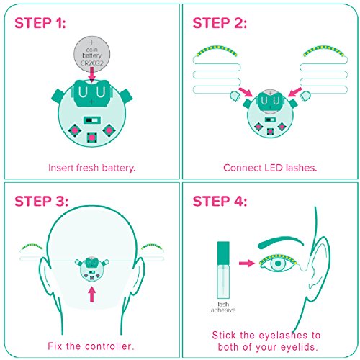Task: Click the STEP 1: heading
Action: [x=40, y=23]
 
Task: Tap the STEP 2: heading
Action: [x=220, y=23]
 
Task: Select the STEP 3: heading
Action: [x=42, y=201]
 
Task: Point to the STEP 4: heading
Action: [x=220, y=201]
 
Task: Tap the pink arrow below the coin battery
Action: [x=91, y=74]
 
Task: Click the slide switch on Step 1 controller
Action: [x=92, y=120]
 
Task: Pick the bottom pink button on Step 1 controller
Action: [x=92, y=138]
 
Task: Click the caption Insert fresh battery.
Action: [x=92, y=168]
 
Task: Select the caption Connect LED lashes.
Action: [x=270, y=168]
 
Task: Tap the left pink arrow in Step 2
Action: [x=246, y=92]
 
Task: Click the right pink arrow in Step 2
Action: [x=294, y=92]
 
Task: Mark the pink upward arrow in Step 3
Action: [x=92, y=294]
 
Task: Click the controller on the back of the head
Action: [x=92, y=269]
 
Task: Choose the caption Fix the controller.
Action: [x=91, y=346]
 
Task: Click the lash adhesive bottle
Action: [x=223, y=270]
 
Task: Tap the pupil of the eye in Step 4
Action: [x=278, y=264]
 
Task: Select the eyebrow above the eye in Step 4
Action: [x=280, y=242]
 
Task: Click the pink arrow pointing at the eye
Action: [x=247, y=264]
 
